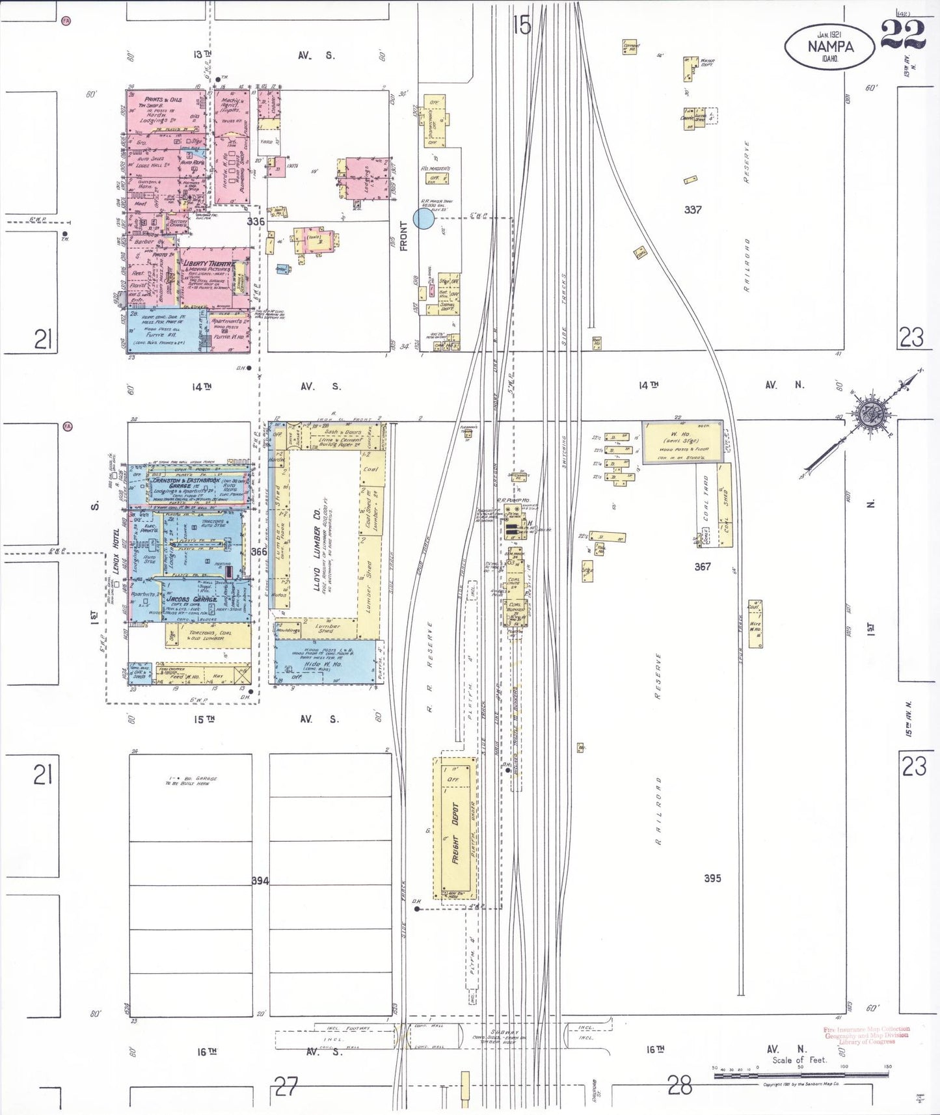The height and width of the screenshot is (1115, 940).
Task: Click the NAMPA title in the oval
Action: coord(830,47)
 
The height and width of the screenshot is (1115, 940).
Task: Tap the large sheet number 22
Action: coord(904,33)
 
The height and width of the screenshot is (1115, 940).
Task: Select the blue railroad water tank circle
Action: coord(423,218)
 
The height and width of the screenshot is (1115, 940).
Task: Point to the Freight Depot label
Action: coord(455,833)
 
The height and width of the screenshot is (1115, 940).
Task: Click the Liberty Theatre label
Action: coord(207,263)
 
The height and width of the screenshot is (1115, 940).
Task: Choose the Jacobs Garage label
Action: coord(191,598)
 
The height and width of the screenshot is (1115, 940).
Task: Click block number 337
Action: coord(693,209)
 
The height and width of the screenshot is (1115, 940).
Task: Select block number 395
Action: coord(712,878)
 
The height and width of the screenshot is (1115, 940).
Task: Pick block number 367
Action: coord(703,567)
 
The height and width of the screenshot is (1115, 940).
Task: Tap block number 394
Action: coord(260,881)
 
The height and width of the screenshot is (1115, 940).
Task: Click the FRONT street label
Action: coord(404,236)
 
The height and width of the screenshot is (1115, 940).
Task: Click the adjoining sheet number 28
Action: coord(680,1084)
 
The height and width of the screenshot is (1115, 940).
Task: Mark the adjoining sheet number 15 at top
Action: coord(522,25)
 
